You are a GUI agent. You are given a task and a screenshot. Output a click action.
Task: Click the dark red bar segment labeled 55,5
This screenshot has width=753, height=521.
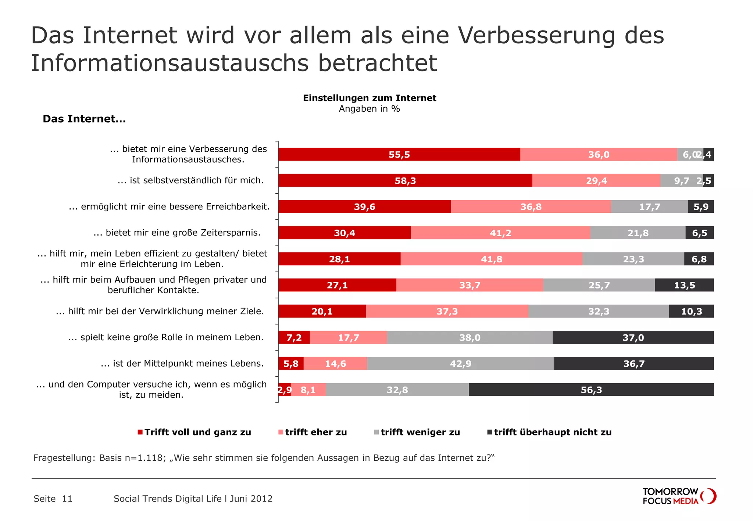pyautogui.click(x=399, y=154)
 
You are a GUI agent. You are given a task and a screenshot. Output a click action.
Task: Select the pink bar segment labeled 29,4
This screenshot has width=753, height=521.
pyautogui.click(x=596, y=180)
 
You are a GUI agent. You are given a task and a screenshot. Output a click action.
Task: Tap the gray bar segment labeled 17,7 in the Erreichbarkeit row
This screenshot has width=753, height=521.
pyautogui.click(x=649, y=206)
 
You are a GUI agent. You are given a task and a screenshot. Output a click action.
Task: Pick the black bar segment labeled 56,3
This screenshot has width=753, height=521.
pyautogui.click(x=591, y=389)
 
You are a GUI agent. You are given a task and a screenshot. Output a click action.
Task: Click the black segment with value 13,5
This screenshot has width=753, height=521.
pyautogui.click(x=684, y=285)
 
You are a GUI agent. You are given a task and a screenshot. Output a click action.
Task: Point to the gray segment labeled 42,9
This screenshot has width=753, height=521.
pyautogui.click(x=460, y=363)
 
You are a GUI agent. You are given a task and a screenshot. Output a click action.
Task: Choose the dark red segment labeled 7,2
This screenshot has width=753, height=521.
pyautogui.click(x=294, y=337)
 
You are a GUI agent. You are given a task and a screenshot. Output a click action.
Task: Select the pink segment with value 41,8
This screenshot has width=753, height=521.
pyautogui.click(x=491, y=259)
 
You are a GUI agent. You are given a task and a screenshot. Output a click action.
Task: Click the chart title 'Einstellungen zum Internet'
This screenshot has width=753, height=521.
pyautogui.click(x=370, y=98)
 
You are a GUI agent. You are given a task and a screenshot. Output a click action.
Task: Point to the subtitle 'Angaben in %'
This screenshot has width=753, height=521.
pyautogui.click(x=370, y=109)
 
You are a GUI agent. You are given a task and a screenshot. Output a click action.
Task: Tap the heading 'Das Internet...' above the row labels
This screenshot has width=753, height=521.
pyautogui.click(x=84, y=119)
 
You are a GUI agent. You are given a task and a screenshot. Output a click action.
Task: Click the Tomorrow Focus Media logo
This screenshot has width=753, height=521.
pyautogui.click(x=679, y=496)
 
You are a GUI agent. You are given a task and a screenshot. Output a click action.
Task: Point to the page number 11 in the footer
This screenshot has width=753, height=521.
pyautogui.click(x=67, y=499)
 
